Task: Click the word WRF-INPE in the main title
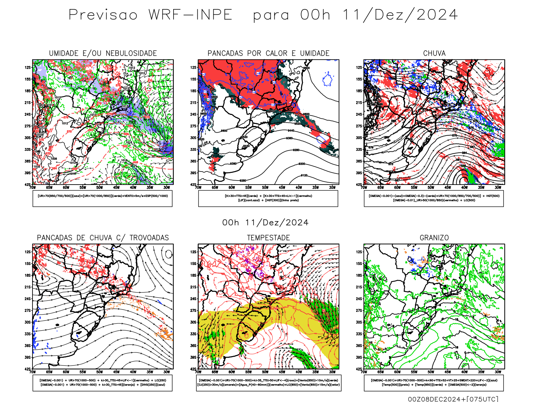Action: point(190,15)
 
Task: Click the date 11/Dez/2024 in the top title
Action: point(400,15)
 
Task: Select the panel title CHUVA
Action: point(434,53)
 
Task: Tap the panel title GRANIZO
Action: point(434,238)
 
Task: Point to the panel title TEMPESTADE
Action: point(268,238)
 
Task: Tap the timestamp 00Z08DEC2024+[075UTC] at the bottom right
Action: point(453,399)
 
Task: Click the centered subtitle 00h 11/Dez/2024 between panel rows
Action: point(265,222)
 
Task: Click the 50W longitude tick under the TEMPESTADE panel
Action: point(265,372)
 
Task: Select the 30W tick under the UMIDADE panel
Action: point(166,188)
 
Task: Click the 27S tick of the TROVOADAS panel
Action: point(27,311)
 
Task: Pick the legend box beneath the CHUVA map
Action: point(434,198)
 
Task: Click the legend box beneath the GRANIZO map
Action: point(434,383)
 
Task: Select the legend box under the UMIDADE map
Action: point(103,198)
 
